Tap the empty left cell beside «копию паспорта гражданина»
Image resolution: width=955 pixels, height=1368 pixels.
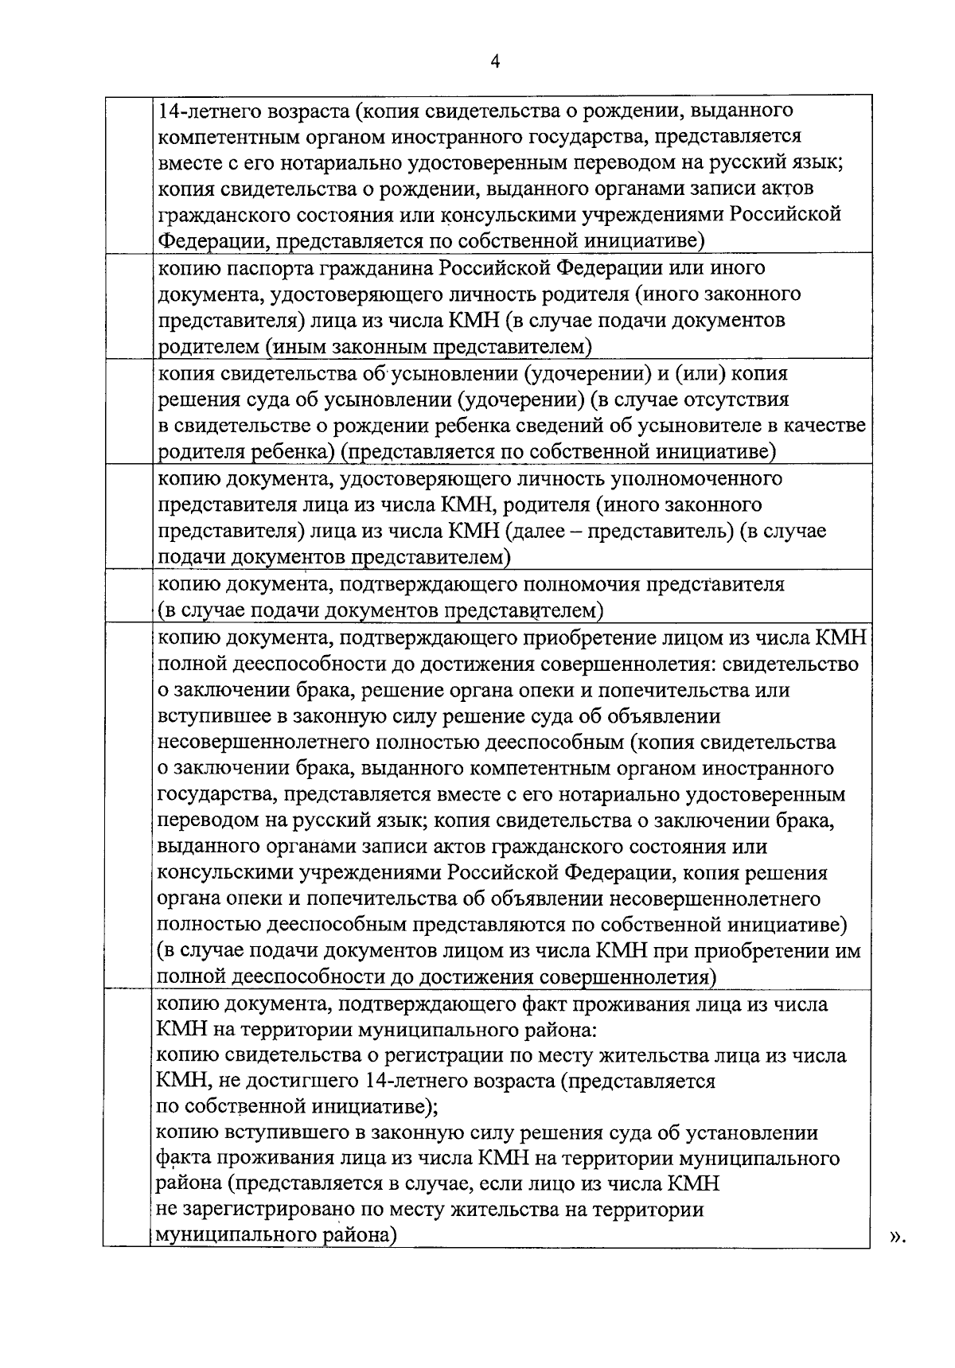[127, 306]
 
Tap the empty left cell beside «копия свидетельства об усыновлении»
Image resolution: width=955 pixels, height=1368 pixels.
[127, 412]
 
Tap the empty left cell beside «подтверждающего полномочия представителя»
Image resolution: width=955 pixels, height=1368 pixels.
[127, 597]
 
